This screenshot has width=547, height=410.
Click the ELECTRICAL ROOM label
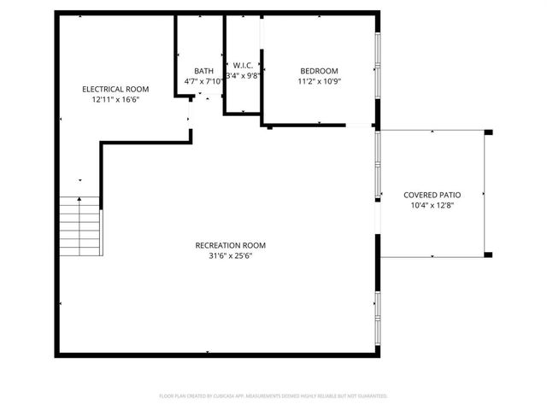point(115,89)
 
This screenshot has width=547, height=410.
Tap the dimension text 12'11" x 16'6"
point(115,99)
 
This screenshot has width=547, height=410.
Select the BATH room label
point(203,71)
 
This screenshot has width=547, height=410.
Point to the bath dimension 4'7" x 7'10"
point(203,81)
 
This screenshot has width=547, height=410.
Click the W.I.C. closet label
point(242,65)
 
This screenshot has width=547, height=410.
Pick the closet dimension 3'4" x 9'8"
point(243,75)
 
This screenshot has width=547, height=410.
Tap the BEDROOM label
point(318,71)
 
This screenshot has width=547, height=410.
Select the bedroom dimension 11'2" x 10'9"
point(318,81)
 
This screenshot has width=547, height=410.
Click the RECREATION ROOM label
point(225,245)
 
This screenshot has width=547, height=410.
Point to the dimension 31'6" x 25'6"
point(225,255)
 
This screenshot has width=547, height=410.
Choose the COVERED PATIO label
point(432,196)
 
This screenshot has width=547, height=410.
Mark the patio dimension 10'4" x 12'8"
point(432,206)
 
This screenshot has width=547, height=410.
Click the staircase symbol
point(80,225)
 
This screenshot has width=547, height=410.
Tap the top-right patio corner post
point(489,132)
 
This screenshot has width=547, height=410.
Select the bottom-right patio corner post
point(489,255)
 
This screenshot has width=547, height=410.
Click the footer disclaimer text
point(273,395)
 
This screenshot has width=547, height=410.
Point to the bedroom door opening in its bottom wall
point(359,126)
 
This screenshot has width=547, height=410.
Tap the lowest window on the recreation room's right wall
point(377,316)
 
